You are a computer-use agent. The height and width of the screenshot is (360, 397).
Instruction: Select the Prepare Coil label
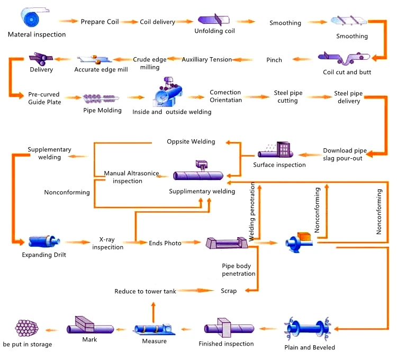100,22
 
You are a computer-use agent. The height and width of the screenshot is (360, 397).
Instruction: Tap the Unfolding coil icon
214,21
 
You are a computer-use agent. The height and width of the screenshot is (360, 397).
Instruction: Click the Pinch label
274,60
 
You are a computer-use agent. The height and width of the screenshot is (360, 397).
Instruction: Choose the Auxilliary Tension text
207,60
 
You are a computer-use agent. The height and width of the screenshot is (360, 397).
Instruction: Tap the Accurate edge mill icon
94,59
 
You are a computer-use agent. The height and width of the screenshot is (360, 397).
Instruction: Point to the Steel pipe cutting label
288,97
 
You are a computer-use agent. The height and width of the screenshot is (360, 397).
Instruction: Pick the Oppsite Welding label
191,141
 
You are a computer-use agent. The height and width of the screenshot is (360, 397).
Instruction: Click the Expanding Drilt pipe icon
44,242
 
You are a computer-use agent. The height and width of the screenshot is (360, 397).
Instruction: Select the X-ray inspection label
108,243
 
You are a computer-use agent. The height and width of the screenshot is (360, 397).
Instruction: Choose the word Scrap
229,291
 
